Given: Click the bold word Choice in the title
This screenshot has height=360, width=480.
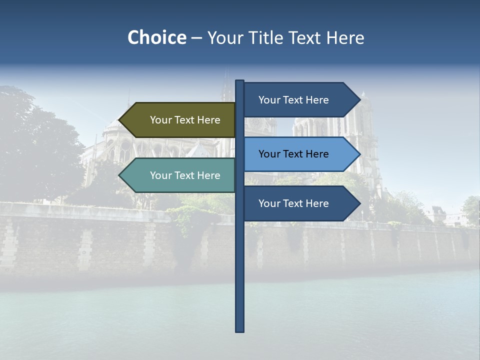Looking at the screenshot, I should pos(156,37).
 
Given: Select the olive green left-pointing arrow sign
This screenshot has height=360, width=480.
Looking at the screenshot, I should pos(180,120).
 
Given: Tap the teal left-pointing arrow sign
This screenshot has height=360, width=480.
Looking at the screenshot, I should pos(180,175).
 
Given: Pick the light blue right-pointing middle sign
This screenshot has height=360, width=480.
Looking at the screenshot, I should pos(297,154).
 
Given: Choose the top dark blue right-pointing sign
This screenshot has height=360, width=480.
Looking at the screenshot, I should pos(297,100).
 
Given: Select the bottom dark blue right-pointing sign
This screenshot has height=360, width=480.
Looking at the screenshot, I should pos(297,203).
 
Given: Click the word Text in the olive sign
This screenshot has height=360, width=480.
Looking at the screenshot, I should pos(185,120).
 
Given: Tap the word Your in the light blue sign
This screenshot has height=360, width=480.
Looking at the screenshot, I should pos(268,154).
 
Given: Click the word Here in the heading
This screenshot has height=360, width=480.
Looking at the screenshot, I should pos(345,37).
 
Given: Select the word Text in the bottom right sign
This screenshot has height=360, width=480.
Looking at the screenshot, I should pos(293,203).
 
